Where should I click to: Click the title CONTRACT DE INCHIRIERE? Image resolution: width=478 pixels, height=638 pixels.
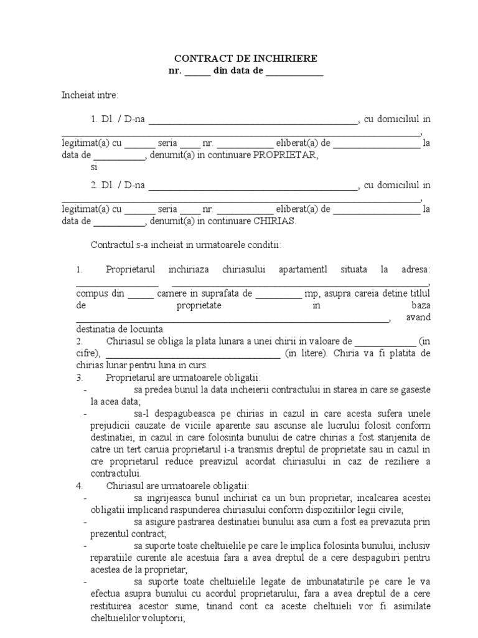(245, 59)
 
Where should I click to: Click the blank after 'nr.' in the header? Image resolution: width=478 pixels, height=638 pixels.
(197, 72)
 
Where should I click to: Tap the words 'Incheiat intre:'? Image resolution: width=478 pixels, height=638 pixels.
(90, 95)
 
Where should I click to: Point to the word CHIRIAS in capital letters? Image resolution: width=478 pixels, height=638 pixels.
(275, 221)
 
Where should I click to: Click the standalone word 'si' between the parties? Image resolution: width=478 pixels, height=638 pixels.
(95, 167)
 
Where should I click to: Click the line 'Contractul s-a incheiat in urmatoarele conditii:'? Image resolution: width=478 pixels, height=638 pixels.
(186, 244)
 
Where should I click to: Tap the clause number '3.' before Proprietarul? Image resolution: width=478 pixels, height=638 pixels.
(80, 378)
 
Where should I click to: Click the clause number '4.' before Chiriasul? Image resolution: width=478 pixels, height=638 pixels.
(80, 485)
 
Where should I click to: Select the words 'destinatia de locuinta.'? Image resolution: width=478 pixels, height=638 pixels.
(120, 329)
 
